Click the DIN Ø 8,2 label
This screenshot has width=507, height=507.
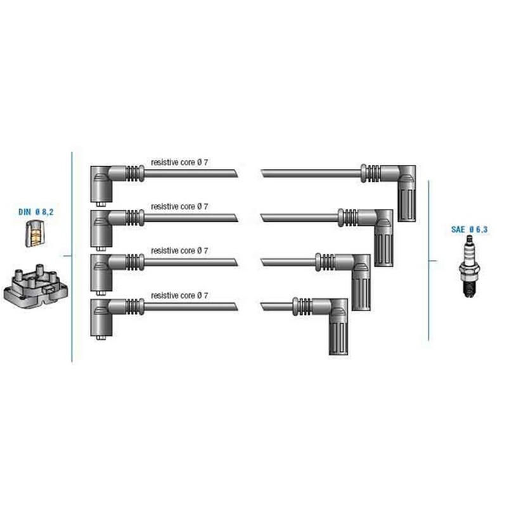(x=36, y=212)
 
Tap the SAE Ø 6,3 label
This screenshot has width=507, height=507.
(x=469, y=229)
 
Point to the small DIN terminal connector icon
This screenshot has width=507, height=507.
(x=35, y=233)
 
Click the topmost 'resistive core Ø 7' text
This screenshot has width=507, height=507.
(x=179, y=162)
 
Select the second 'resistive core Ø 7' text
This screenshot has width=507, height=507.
(x=179, y=207)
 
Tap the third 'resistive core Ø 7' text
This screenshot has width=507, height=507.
(x=179, y=250)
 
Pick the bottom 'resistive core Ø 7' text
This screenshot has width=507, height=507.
(x=179, y=295)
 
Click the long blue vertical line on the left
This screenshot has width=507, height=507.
(x=72, y=257)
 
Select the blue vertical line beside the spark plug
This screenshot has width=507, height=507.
(x=429, y=260)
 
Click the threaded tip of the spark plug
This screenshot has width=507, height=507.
(x=469, y=288)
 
